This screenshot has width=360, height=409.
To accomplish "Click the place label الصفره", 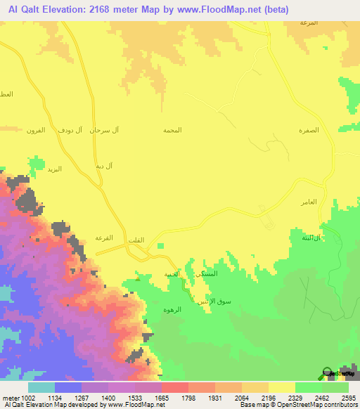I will (310, 131).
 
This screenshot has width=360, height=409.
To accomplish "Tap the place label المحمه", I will (172, 131).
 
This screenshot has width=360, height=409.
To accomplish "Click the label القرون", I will (36, 130).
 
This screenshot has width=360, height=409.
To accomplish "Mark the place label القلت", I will (136, 241).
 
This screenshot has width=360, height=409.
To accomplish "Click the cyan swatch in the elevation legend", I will (41, 387).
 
